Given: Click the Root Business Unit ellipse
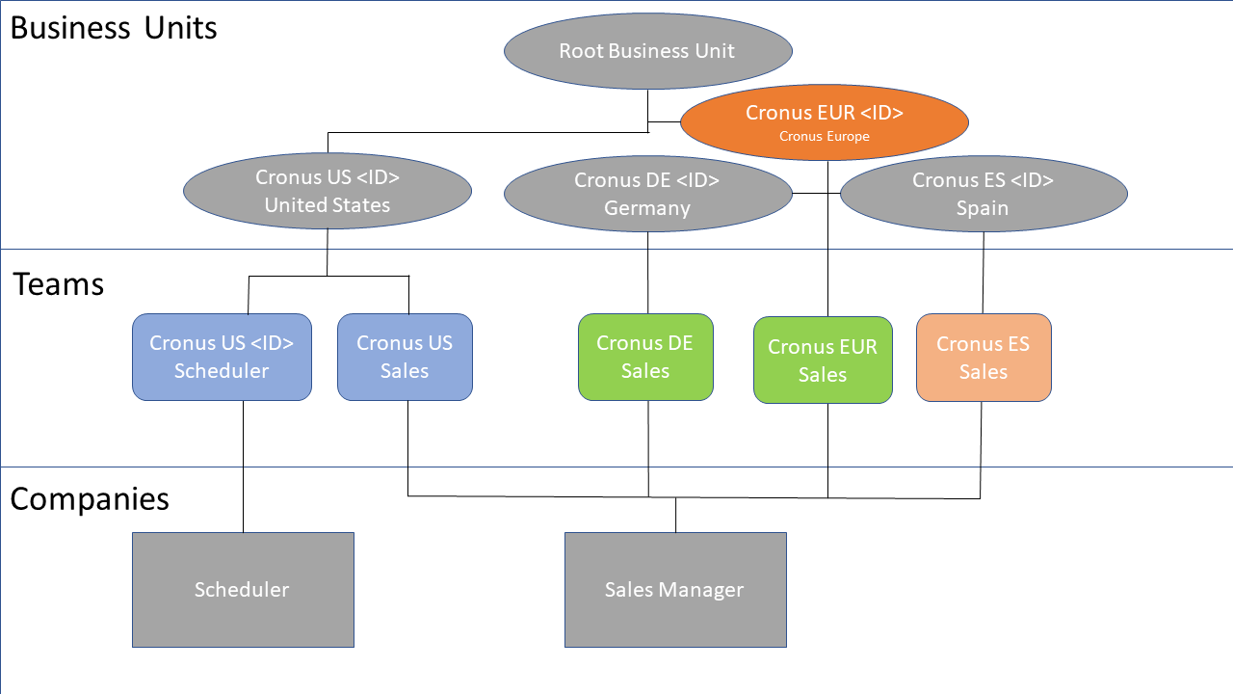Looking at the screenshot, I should click(647, 51).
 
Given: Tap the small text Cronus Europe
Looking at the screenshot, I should click(824, 137).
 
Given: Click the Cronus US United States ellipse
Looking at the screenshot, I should click(328, 191).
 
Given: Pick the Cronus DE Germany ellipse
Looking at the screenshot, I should click(647, 194).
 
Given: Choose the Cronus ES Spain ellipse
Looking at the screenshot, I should click(983, 194).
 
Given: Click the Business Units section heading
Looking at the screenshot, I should click(114, 27).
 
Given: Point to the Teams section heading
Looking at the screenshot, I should click(59, 284).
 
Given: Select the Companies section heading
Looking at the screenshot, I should click(90, 498).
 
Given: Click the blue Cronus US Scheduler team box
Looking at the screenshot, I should click(222, 357).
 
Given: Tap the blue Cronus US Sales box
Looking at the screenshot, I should click(405, 357).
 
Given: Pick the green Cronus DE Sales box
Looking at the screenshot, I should click(645, 357).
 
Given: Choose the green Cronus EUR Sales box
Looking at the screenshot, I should click(823, 360).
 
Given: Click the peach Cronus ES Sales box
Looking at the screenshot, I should click(984, 358).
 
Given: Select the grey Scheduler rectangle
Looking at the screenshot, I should click(243, 589).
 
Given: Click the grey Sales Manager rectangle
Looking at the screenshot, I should click(674, 589).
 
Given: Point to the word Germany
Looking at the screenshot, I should click(647, 208).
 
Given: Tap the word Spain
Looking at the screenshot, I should click(983, 208).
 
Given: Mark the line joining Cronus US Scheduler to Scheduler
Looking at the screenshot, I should click(243, 467).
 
